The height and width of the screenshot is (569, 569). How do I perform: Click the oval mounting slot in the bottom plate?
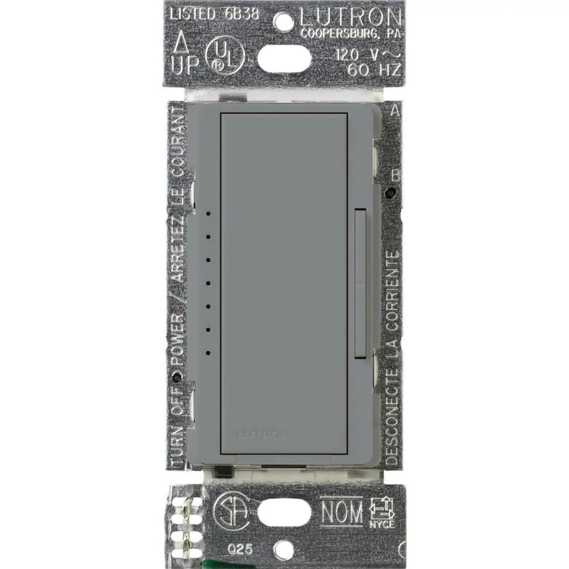(284, 512)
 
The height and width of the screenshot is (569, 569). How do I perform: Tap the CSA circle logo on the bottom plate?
(227, 510)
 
